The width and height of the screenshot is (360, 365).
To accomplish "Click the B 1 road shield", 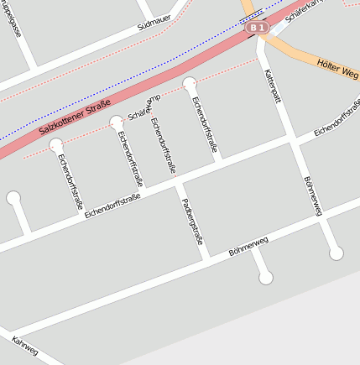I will coord(258,29).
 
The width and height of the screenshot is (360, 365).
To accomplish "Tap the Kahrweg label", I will coord(25,347).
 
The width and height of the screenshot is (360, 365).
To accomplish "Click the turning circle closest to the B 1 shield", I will coord(190,82).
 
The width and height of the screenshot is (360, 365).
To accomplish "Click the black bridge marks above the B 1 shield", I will coord(253,16).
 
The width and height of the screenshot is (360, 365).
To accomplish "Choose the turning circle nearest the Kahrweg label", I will coord(13,199).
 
